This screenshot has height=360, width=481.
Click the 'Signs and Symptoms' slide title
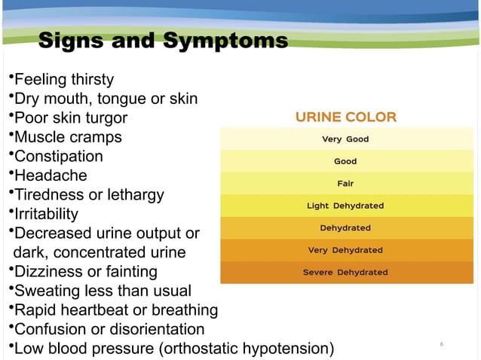pos(162,40)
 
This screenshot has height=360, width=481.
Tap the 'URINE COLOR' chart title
pos(346,117)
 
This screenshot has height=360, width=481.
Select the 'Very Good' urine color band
pos(346,139)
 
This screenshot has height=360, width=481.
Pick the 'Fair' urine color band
pos(346,183)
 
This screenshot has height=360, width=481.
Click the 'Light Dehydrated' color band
pos(346,206)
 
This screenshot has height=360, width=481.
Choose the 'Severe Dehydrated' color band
pos(346,272)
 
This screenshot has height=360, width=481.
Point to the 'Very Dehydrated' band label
pos(346,250)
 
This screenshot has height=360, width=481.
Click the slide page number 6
pos(441,344)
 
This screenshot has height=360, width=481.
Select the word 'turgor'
pos(105,117)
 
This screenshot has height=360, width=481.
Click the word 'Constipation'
pos(59,156)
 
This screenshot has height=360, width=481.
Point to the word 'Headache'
pos(51,175)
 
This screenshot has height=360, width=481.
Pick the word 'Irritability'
pos(46,214)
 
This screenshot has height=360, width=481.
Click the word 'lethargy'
pos(136,194)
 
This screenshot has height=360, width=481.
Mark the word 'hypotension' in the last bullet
pos(286,349)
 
